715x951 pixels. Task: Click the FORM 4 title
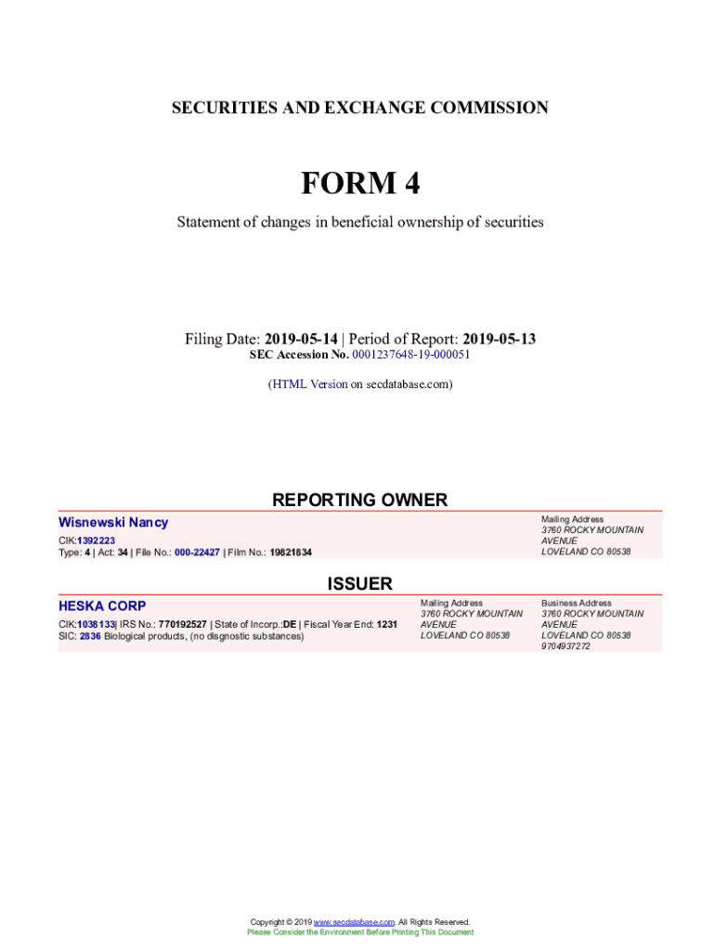[x=359, y=184]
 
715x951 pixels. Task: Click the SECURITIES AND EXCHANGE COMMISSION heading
[x=359, y=108]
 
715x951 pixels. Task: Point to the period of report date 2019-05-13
[x=499, y=339]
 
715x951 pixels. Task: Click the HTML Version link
[x=309, y=384]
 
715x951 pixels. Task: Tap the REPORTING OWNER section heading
[x=359, y=501]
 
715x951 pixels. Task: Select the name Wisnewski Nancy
[x=113, y=523]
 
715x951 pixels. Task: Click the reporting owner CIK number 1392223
[x=96, y=541]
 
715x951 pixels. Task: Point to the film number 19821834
[x=291, y=553]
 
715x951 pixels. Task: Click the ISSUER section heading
[x=359, y=584]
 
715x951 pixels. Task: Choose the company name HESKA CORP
[x=102, y=606]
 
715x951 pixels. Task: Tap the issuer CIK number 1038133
[x=96, y=625]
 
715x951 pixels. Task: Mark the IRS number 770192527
[x=182, y=625]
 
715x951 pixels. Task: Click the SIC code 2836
[x=90, y=636]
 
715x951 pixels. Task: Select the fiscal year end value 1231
[x=386, y=625]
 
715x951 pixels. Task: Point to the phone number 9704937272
[x=565, y=646]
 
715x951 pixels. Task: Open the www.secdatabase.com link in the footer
[x=354, y=922]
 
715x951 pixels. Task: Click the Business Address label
[x=576, y=603]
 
